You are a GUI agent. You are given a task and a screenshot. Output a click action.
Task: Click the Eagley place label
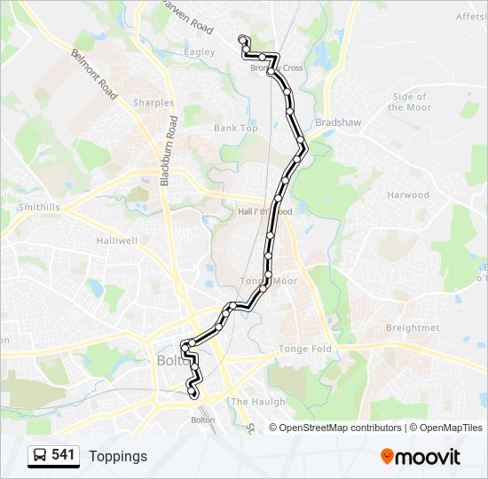tap(199, 52)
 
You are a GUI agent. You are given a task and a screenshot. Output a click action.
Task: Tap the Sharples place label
tap(153, 103)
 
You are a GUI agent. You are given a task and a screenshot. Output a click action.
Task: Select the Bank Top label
tap(235, 129)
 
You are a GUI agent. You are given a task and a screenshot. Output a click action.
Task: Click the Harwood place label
tap(407, 195)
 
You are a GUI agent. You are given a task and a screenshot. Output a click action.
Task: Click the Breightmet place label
tap(413, 328)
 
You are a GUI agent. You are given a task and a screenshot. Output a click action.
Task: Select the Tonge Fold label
tap(305, 349)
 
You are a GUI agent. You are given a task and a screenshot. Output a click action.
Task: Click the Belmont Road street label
tap(95, 74)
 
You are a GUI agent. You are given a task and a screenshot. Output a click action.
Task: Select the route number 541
tap(63, 455)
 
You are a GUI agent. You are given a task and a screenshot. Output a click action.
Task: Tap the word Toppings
tap(118, 457)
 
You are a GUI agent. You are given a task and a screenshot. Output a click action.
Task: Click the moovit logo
tap(421, 457)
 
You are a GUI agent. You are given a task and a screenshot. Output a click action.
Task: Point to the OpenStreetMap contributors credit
tap(340, 428)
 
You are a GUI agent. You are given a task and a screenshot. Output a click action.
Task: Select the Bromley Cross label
tap(276, 68)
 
